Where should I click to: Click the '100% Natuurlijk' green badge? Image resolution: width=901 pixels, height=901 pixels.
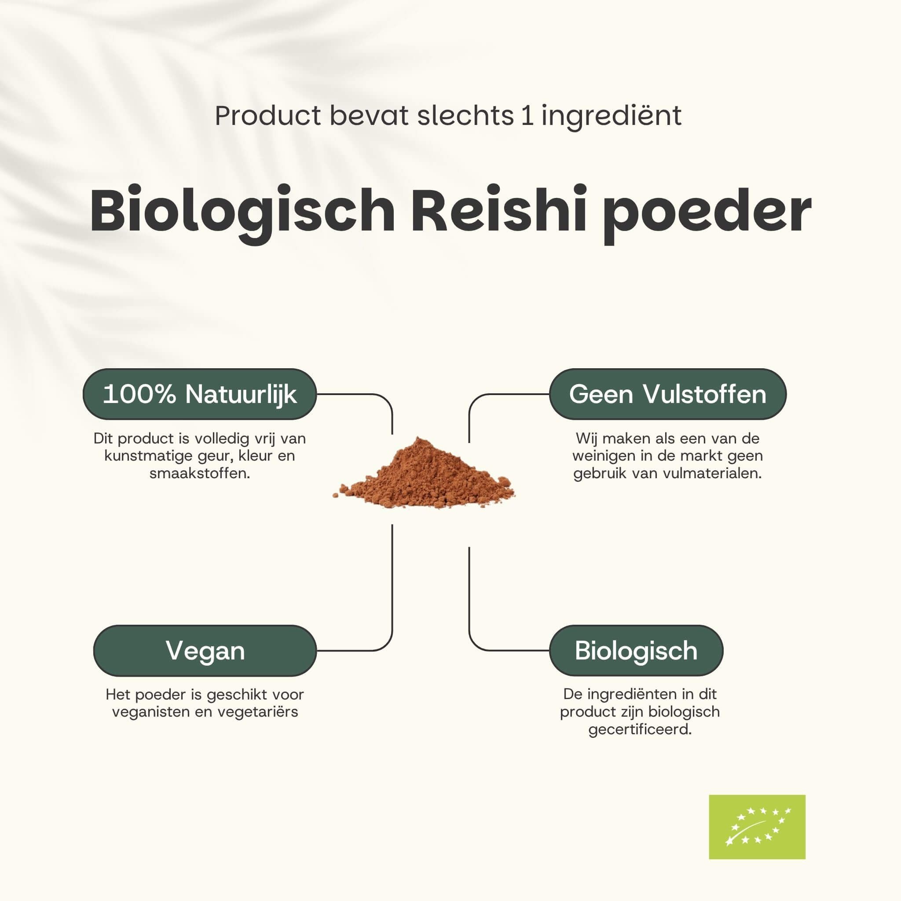(x=200, y=394)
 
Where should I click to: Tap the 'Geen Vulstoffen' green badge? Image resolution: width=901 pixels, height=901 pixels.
(x=667, y=394)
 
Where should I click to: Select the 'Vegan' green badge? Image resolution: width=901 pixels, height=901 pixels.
(x=205, y=651)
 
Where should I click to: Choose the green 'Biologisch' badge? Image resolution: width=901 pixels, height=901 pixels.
(x=636, y=651)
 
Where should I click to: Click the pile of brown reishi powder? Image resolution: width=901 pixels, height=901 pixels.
(x=425, y=476)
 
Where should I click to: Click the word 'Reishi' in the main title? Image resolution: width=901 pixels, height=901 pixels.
(x=498, y=211)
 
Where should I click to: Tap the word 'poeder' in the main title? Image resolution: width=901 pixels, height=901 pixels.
(x=707, y=212)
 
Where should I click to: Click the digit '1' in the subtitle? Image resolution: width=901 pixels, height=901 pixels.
(x=527, y=115)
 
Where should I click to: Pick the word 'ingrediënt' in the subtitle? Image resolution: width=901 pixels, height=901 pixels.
(x=612, y=116)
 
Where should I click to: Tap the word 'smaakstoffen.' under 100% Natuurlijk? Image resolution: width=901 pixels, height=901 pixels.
(x=200, y=473)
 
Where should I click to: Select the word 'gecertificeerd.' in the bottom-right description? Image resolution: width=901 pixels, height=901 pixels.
(x=640, y=729)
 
